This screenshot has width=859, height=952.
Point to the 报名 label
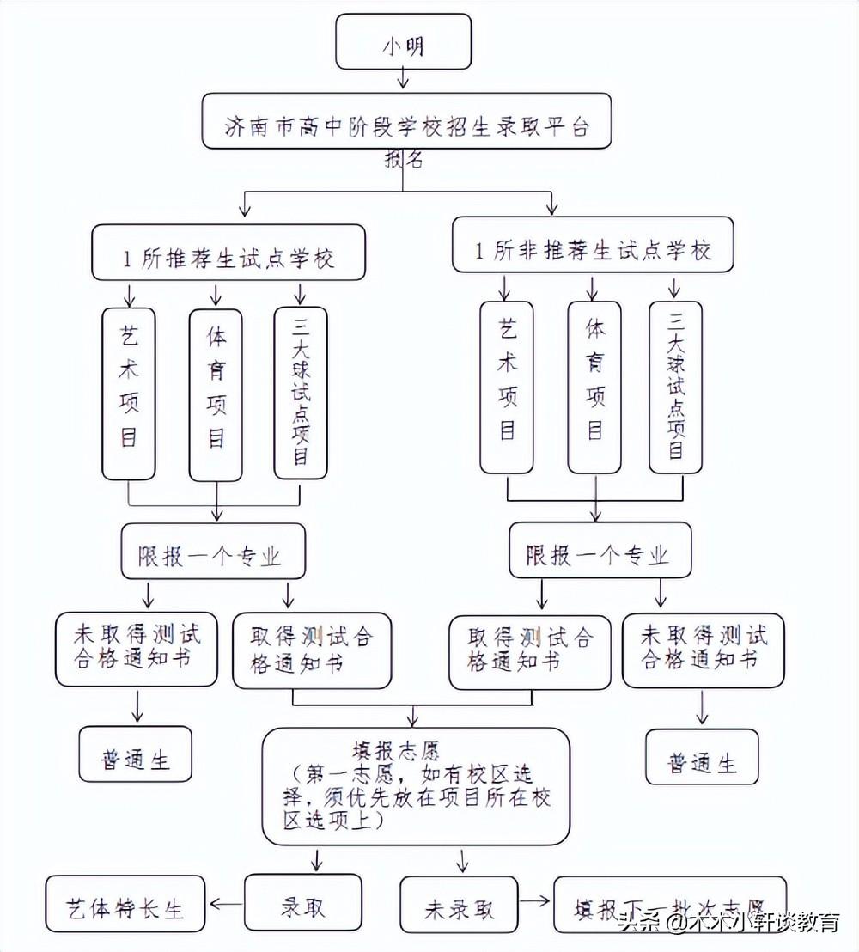(404, 161)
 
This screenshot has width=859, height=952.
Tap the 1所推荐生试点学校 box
(228, 254)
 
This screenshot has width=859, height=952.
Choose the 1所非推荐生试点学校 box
(594, 248)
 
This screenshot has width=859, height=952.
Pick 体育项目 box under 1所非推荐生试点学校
(594, 387)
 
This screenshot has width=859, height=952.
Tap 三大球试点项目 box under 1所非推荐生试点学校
(676, 387)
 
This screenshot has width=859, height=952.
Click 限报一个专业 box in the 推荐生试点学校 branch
(213, 554)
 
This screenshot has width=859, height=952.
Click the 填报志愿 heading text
(396, 750)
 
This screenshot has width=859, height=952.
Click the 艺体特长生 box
(125, 906)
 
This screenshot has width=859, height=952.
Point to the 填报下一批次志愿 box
(670, 906)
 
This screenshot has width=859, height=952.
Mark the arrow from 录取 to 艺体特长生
(227, 904)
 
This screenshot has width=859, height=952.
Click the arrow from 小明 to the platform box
(404, 79)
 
